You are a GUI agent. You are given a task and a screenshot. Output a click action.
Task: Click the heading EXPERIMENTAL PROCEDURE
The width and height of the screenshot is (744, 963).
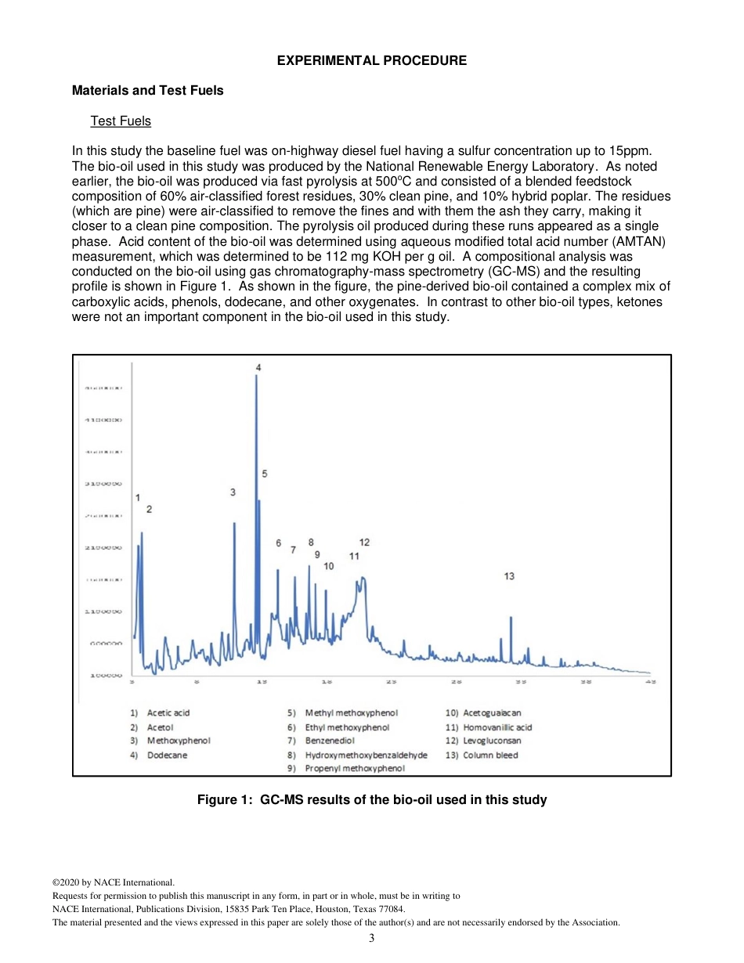tap(372, 60)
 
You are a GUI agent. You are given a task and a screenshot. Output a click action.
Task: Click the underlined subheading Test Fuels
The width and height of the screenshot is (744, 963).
tap(121, 121)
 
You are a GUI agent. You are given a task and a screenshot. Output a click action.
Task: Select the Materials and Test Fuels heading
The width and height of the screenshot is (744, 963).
tap(147, 91)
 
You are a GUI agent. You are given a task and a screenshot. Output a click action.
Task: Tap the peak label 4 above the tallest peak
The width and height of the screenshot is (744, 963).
tap(258, 367)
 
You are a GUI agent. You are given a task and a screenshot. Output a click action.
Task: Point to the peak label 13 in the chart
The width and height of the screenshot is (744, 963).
tap(509, 576)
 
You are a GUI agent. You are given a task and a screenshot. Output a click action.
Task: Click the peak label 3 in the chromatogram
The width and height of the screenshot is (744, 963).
tap(233, 492)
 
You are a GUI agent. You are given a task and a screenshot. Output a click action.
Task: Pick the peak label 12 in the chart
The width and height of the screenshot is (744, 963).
tap(364, 542)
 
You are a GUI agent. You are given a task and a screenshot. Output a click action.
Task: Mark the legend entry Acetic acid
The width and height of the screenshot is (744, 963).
tap(168, 712)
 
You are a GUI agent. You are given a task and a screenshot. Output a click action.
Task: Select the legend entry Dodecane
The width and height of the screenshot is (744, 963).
tap(167, 755)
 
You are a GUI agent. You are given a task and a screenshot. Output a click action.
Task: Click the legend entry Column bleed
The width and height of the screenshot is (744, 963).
tap(490, 755)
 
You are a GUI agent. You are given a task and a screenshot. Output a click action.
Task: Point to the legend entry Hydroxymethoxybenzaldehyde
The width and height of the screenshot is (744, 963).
tap(366, 755)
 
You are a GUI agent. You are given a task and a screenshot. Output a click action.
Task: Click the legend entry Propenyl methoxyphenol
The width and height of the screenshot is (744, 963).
tap(355, 769)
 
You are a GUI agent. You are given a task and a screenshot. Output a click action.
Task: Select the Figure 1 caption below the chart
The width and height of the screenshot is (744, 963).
tap(371, 799)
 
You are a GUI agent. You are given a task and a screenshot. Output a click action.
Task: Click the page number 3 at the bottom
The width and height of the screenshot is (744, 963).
tap(371, 939)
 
